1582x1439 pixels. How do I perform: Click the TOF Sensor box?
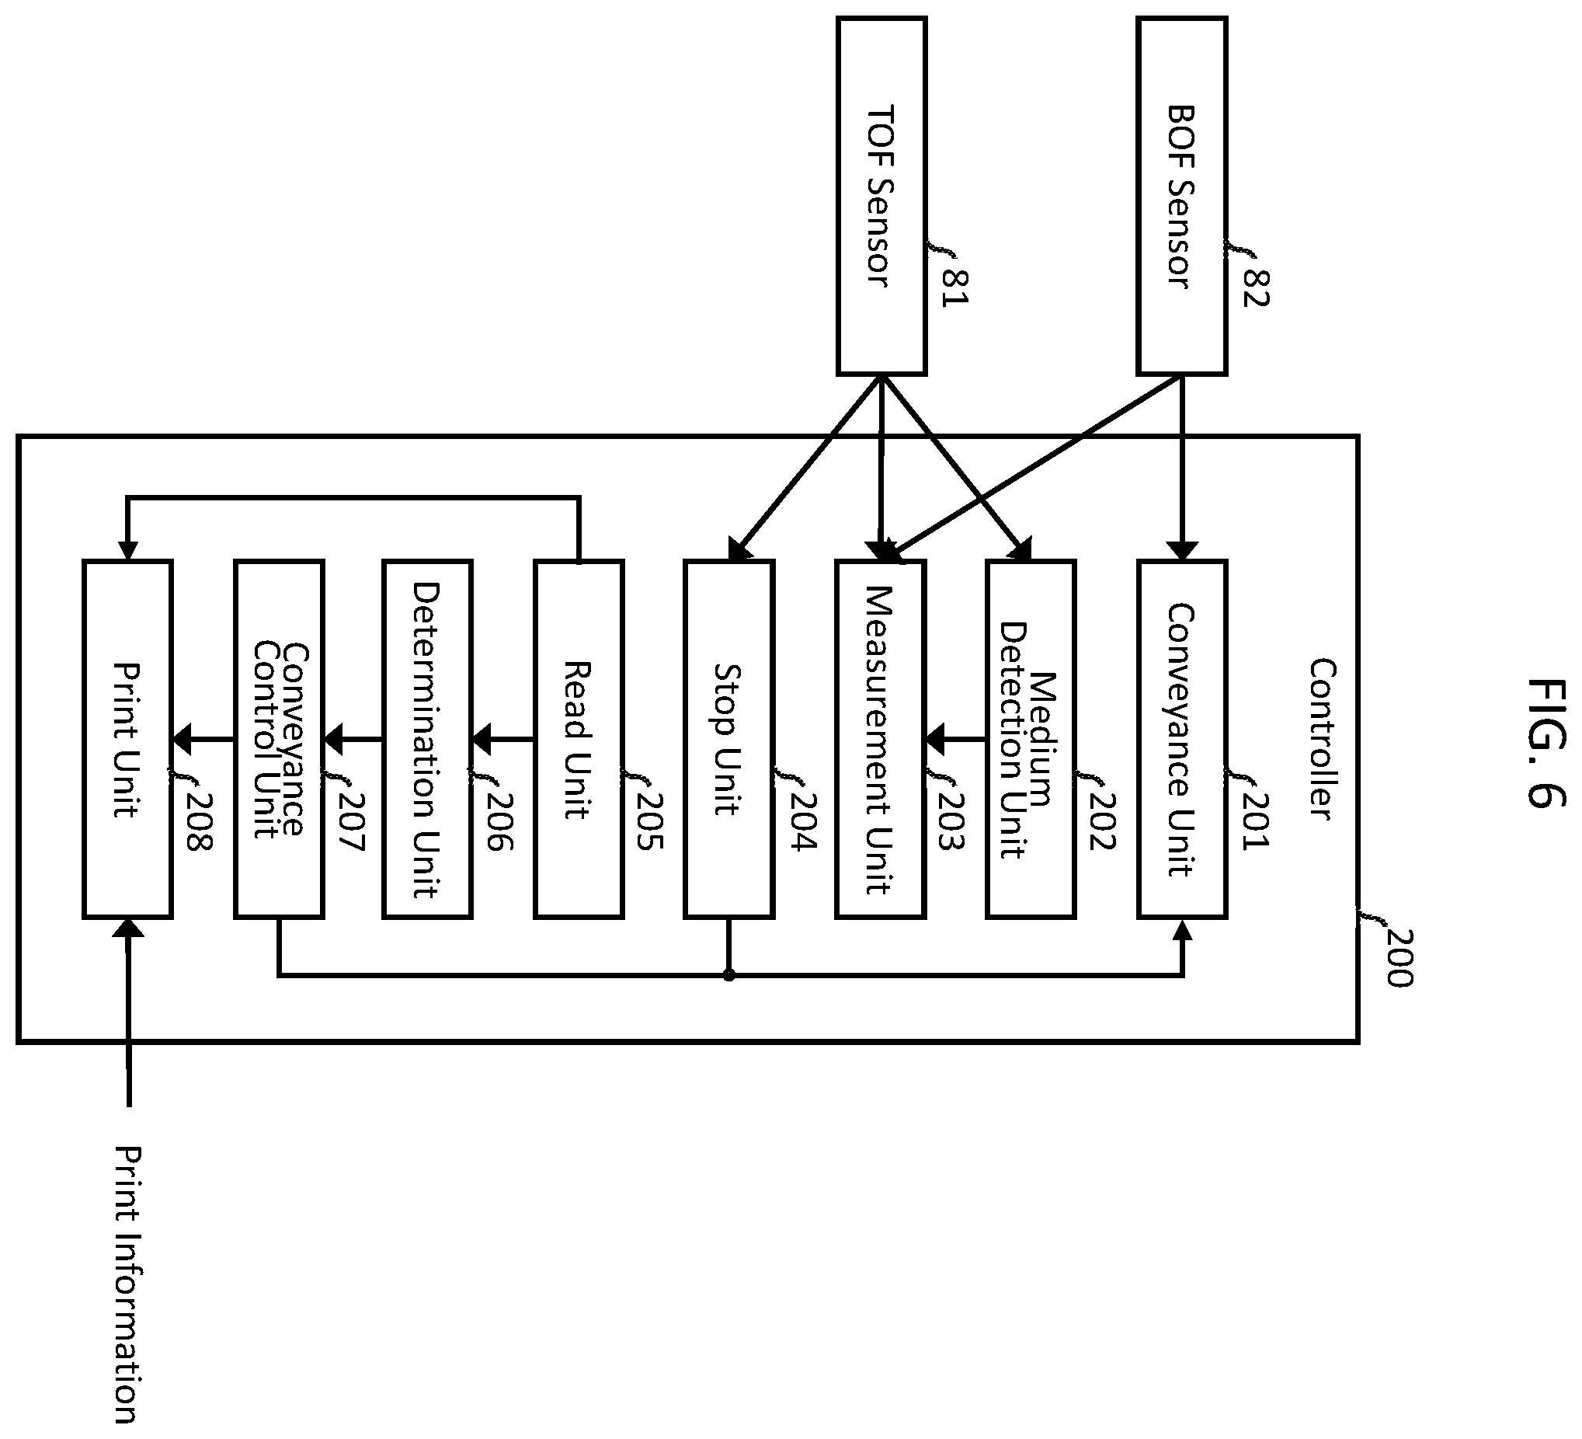[x=881, y=197]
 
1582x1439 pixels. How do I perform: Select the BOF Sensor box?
[x=1181, y=197]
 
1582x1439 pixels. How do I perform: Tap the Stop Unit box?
[x=729, y=739]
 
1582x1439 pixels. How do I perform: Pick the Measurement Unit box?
[x=881, y=739]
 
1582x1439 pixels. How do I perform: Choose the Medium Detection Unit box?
[x=1031, y=739]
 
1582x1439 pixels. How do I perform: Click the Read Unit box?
[x=579, y=739]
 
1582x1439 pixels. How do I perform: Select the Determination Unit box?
[x=428, y=739]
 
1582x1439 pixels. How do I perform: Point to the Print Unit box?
[x=127, y=739]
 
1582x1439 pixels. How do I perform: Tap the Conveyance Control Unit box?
[x=280, y=739]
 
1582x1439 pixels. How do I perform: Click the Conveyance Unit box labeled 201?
[x=1182, y=739]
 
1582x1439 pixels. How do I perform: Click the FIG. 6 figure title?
[x=1546, y=742]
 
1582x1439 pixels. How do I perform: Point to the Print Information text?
[x=127, y=1295]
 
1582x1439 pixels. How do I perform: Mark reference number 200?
[x=1399, y=959]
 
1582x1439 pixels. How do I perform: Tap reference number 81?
[x=956, y=288]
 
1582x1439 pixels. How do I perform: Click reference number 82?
[x=1256, y=288]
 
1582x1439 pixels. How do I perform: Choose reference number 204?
[x=804, y=822]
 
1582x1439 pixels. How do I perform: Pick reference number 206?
[x=500, y=822]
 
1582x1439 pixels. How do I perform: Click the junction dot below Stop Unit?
[x=729, y=975]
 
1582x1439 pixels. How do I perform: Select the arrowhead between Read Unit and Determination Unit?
[x=481, y=739]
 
